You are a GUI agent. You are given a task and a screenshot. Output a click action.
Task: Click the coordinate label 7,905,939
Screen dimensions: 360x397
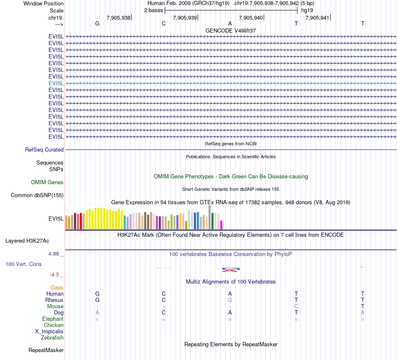[x=185, y=18]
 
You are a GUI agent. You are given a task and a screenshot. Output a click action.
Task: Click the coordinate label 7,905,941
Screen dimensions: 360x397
[x=317, y=18]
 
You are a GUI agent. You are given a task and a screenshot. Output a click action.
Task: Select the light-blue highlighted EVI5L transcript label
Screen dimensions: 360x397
[x=56, y=83]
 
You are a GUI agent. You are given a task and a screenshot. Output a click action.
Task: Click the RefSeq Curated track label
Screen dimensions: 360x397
[x=44, y=150]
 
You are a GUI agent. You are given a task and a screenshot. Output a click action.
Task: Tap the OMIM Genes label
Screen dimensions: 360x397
[x=47, y=182]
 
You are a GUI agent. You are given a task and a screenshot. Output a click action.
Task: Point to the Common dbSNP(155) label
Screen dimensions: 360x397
[x=37, y=195]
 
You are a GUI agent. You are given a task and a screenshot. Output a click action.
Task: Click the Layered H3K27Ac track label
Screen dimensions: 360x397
[x=27, y=241]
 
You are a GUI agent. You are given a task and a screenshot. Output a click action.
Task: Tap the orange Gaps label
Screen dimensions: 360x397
[x=57, y=287]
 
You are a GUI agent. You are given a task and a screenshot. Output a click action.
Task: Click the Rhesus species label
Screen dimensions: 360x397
[x=54, y=300]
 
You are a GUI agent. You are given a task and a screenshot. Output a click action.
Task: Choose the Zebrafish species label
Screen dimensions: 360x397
[x=52, y=337]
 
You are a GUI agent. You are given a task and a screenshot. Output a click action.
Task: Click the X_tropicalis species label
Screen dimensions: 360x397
[x=49, y=331]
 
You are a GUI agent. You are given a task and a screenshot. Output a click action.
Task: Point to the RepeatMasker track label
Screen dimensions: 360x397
[x=46, y=350]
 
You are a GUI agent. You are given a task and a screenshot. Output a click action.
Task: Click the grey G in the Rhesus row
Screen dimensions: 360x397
[x=230, y=300]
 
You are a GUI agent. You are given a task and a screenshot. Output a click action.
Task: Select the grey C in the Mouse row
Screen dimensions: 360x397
[x=296, y=306]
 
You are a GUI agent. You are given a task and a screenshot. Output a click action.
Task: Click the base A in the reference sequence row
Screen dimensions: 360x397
[x=230, y=23]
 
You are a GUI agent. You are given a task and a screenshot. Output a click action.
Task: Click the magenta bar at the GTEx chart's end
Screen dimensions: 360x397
[x=221, y=225]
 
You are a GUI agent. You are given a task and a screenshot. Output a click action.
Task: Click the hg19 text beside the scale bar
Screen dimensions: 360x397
[x=307, y=10]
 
